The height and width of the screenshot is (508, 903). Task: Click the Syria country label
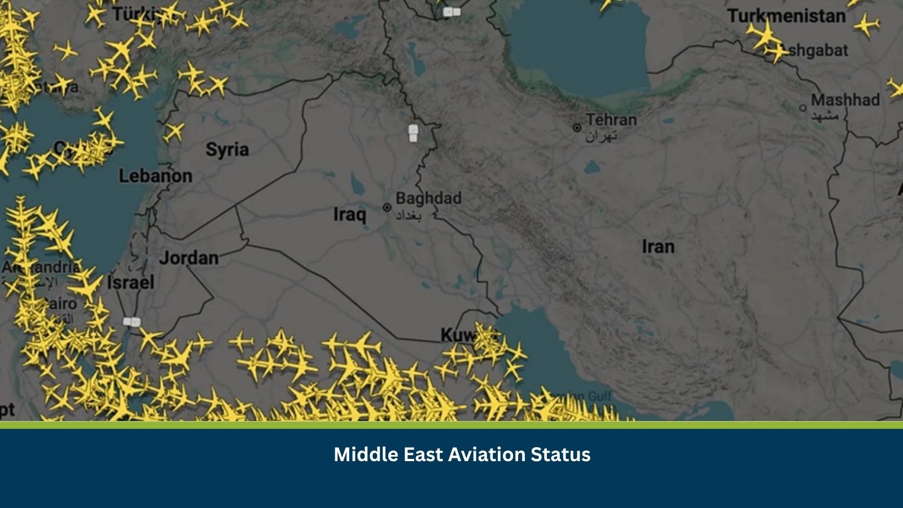[227, 150]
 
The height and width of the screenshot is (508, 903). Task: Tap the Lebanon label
[155, 176]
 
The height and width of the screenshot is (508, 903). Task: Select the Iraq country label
[349, 214]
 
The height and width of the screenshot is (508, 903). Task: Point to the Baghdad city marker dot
[387, 208]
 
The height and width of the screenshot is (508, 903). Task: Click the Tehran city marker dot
[577, 128]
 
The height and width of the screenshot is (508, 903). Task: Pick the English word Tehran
[611, 120]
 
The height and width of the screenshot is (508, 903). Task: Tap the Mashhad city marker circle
[803, 108]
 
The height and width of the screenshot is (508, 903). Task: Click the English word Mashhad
[845, 100]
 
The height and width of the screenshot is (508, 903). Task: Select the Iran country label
[657, 247]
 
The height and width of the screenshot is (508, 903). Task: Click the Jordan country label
[189, 258]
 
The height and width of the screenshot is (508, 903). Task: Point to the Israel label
[130, 282]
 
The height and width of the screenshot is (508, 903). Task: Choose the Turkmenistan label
[786, 16]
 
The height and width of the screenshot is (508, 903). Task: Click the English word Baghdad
[428, 198]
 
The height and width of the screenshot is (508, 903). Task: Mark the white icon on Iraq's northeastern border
[413, 133]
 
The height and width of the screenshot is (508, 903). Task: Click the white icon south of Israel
[131, 322]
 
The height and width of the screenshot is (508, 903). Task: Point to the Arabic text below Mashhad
[825, 116]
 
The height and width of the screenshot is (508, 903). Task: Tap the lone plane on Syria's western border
[174, 132]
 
